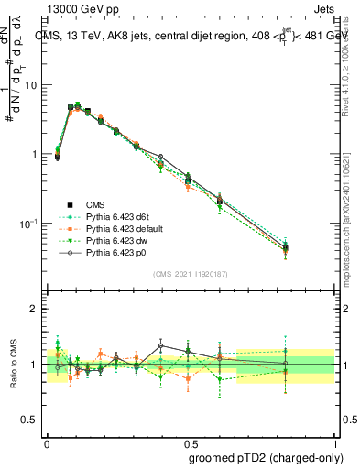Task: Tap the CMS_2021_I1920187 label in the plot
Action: pos(190,273)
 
